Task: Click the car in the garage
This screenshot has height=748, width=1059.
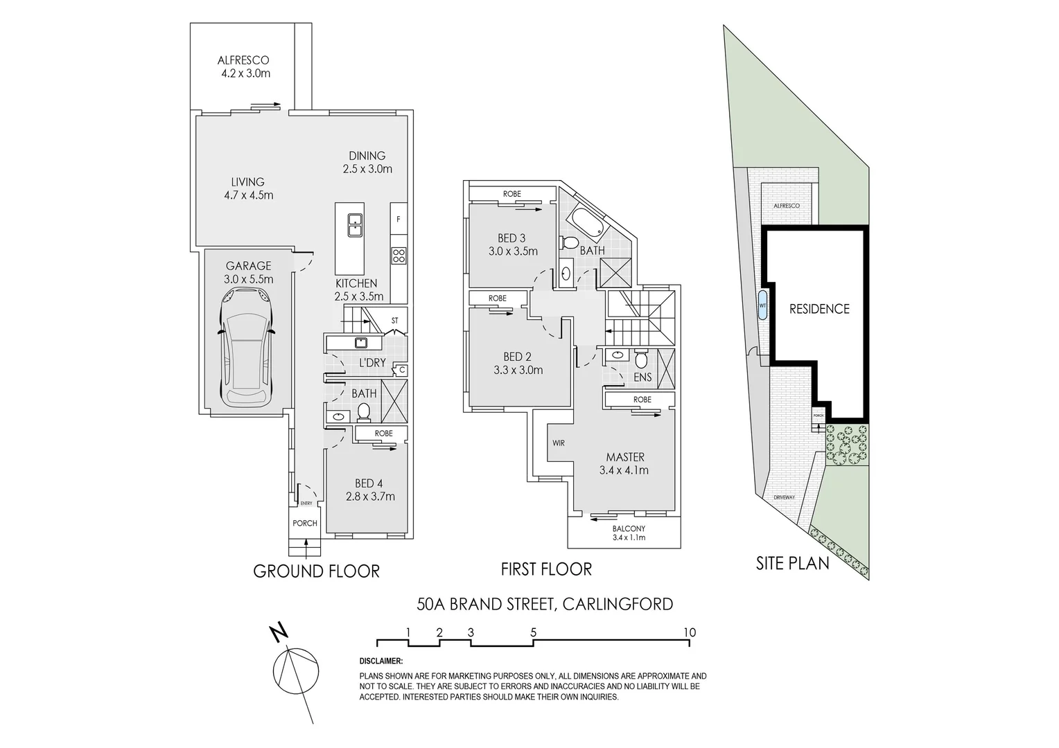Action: coord(246,348)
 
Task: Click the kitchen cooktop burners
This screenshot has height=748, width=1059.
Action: coord(399,256)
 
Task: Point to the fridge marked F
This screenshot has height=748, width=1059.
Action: coord(399,220)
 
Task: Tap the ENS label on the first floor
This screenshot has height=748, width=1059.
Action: coord(642,377)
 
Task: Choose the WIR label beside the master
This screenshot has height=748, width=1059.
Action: coord(559,443)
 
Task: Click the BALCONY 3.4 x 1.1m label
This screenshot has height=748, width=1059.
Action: coord(629,532)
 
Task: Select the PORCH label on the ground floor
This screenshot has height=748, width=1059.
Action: coord(305,523)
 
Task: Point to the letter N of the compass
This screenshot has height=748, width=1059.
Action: coord(279,632)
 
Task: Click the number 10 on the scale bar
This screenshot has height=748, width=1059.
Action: coord(689,632)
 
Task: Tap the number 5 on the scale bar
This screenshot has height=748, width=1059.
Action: coord(533,632)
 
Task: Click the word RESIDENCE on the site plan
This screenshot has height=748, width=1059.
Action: coord(819,309)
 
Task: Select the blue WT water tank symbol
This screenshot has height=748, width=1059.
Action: coord(762,305)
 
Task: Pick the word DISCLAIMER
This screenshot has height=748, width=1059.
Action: coord(381,662)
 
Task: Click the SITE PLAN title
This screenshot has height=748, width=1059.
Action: coord(792,563)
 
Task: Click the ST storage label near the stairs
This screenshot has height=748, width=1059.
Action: coord(395,320)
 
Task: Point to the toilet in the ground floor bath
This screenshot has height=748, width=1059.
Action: coord(363,413)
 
